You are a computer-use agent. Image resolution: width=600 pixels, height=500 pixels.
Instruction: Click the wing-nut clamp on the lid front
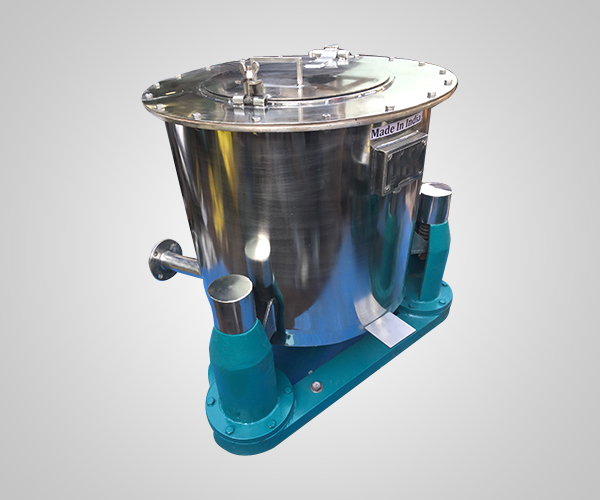tap(249, 84)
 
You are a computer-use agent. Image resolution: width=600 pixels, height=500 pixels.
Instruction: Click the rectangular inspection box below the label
tap(397, 165)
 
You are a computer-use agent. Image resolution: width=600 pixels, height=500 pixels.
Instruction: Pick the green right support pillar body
tap(428, 262)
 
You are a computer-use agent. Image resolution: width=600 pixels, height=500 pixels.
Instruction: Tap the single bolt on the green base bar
tap(317, 386)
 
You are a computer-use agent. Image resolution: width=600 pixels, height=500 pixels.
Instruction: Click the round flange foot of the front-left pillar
tap(250, 410)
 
